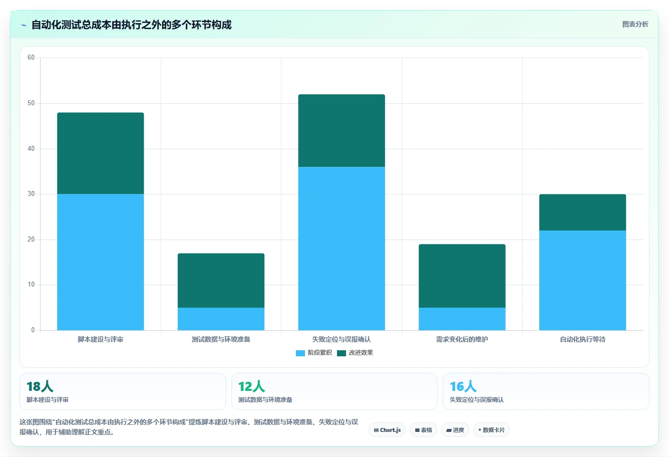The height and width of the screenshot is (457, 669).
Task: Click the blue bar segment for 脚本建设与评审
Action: pos(100,262)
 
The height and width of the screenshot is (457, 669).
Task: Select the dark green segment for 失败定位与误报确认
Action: pos(342,131)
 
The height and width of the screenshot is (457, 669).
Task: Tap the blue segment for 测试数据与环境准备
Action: pos(221,319)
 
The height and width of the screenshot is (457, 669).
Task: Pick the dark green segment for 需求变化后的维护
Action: pos(462,276)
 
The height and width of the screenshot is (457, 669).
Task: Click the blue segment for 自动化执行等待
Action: pos(582,280)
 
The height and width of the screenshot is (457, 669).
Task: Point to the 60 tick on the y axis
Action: pos(31,58)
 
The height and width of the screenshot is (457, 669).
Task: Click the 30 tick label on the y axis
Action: pos(31,194)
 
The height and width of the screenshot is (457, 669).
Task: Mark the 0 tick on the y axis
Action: pos(33,330)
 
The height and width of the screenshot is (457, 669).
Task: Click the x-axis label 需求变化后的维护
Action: pos(462,339)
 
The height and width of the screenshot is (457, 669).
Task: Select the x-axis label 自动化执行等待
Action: pos(582,339)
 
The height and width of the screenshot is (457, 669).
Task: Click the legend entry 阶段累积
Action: pos(313,353)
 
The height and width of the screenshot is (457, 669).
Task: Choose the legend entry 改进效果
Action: pos(355,353)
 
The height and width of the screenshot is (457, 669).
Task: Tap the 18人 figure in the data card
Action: pos(40,386)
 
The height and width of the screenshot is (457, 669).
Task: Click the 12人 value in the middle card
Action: pos(251,386)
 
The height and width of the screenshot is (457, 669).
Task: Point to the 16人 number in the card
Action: pos(463,386)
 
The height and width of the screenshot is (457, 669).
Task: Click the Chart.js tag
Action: pos(387,430)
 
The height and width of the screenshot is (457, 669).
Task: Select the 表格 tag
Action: pos(424,430)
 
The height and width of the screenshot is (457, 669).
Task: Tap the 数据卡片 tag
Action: pos(491,430)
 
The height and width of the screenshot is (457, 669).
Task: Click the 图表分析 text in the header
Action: pos(635,24)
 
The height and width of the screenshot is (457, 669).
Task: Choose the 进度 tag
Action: pos(455,430)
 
